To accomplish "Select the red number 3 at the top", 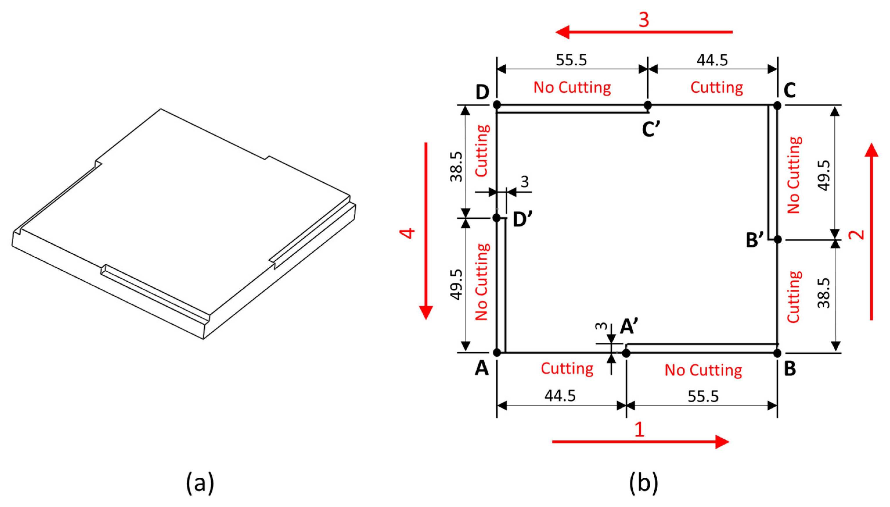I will [x=644, y=20].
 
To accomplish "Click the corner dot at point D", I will [x=497, y=105].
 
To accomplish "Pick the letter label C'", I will [x=651, y=130].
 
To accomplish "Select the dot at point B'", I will [x=777, y=240].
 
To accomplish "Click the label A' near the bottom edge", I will [x=629, y=327].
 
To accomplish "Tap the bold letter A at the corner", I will [x=482, y=368].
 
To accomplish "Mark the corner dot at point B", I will [x=777, y=353].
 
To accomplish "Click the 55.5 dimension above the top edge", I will [x=571, y=60].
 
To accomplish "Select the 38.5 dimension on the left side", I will [x=457, y=166].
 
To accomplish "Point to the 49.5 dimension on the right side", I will [x=824, y=175].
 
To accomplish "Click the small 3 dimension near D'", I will [x=525, y=182].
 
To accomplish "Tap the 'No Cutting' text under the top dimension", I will [x=572, y=87].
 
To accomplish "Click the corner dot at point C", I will [x=777, y=105].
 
